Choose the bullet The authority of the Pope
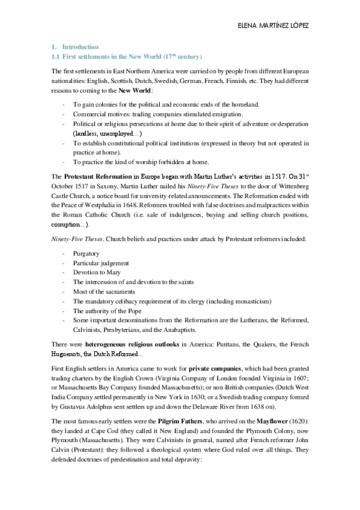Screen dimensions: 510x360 pos(105,311)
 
